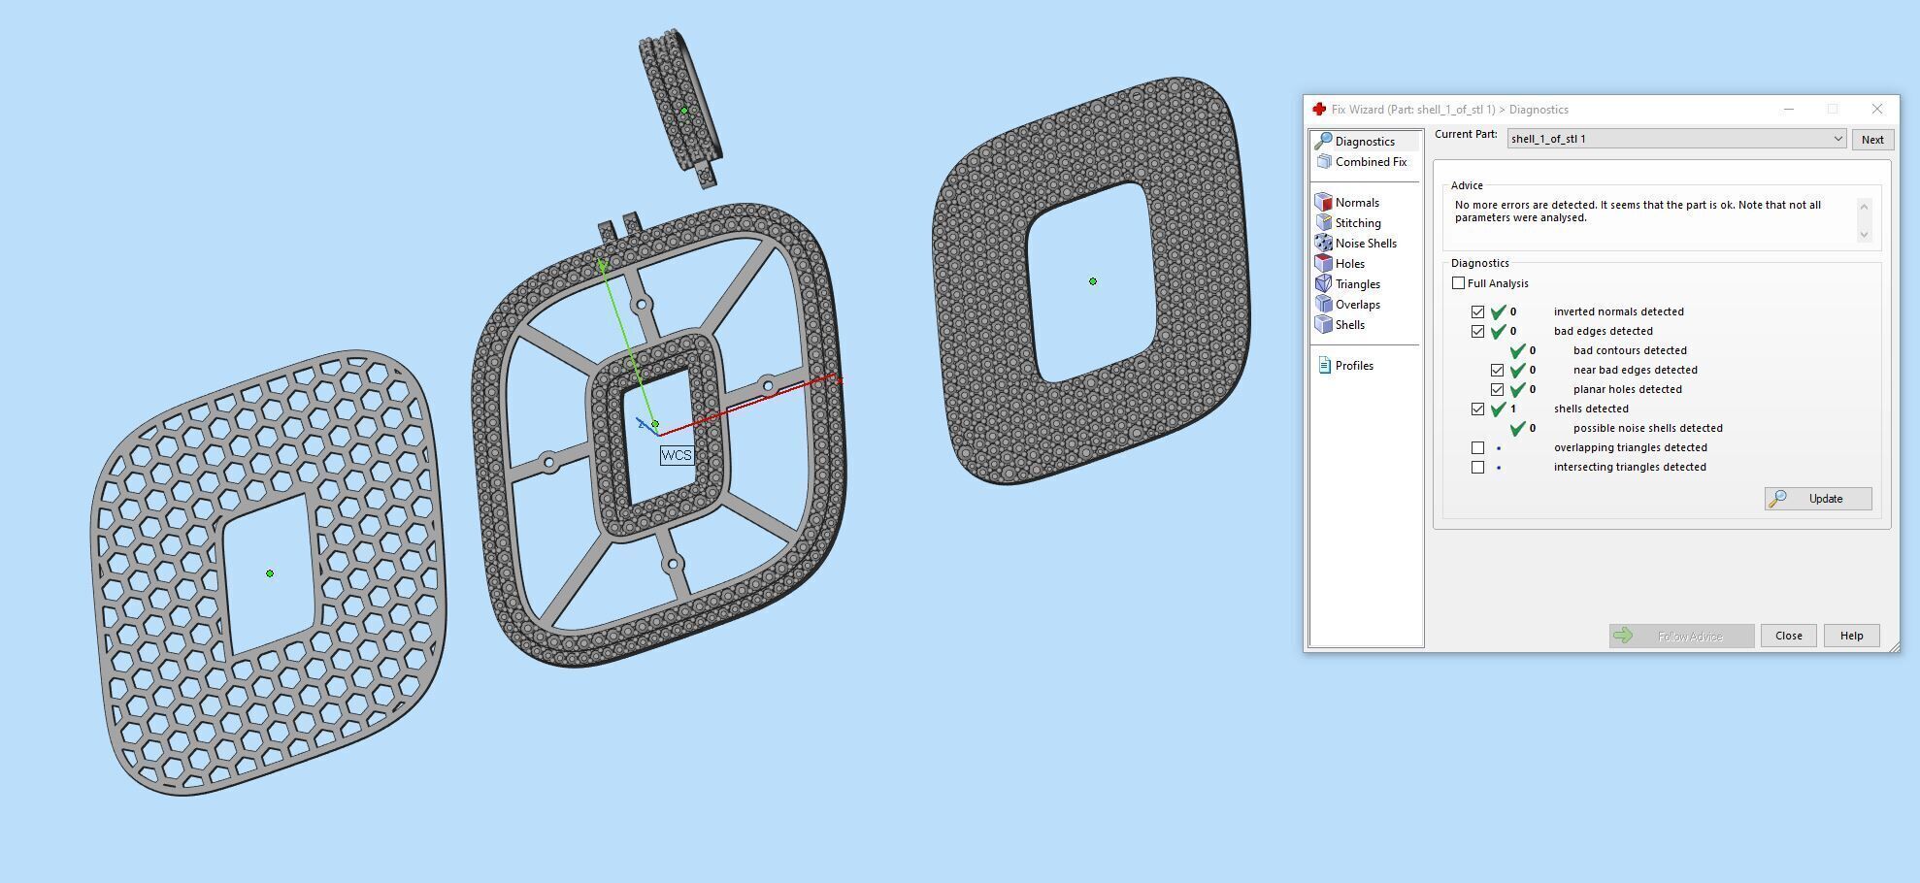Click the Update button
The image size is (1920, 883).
point(1817,499)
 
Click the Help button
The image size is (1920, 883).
point(1851,636)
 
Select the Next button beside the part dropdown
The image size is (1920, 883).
point(1871,140)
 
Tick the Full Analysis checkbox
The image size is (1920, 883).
point(1458,283)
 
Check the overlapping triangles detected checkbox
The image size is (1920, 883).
point(1477,447)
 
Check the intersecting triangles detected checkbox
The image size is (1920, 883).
point(1477,467)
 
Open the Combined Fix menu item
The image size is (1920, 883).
point(1370,162)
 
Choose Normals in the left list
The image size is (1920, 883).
point(1356,203)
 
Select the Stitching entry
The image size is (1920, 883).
point(1357,223)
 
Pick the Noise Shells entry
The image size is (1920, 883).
point(1365,244)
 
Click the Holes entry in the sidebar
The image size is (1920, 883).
point(1349,264)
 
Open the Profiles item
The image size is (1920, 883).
point(1353,366)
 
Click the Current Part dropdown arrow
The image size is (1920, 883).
point(1837,139)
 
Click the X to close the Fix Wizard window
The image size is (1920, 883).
point(1876,109)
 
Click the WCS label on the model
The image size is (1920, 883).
point(677,455)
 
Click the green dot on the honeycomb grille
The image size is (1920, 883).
point(270,573)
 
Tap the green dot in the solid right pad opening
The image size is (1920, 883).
point(1093,281)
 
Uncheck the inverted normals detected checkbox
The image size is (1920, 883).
point(1477,311)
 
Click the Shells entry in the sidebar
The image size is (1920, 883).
point(1349,325)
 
